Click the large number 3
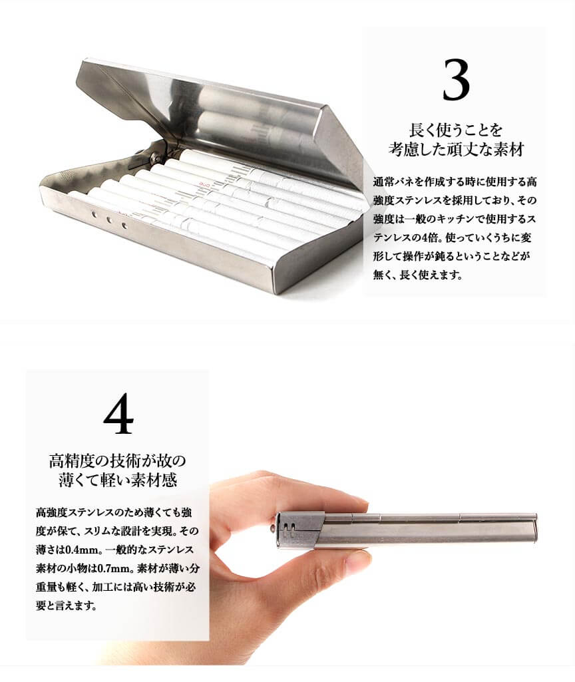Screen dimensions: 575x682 pos(456,80)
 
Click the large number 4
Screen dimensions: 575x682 pos(118,413)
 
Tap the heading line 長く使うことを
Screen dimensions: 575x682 pos(456,130)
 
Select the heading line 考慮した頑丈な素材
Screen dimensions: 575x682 pos(456,149)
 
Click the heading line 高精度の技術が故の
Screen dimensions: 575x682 pos(117,460)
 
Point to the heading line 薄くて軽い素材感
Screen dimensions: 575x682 pos(117,480)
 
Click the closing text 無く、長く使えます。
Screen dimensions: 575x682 pos(417,275)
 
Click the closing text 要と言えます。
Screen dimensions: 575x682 pos(66,605)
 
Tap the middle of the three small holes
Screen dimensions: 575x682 pos(109,220)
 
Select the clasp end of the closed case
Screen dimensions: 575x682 pos(300,530)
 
